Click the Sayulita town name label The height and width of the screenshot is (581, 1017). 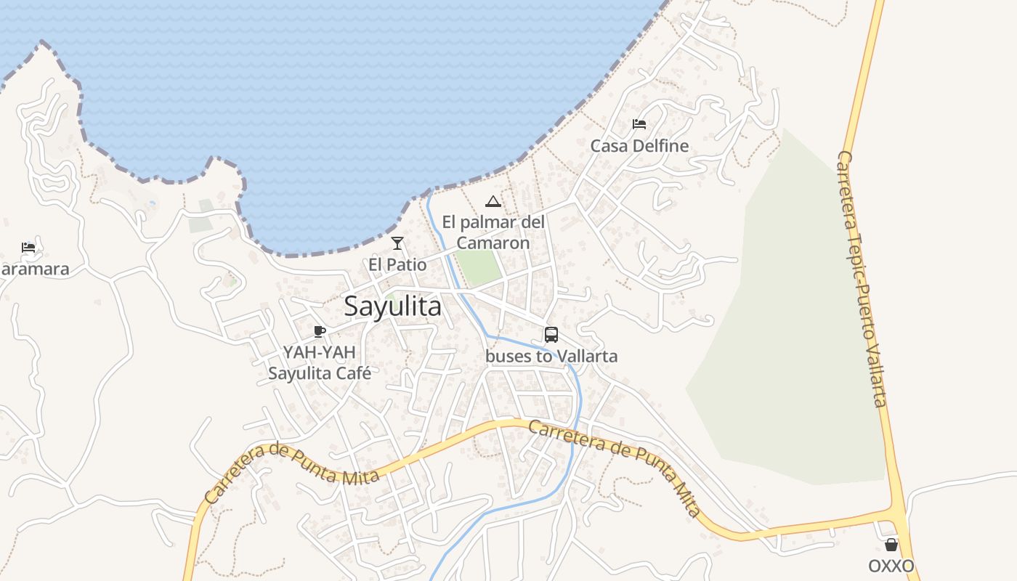[x=392, y=306]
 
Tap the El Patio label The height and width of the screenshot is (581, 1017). [x=397, y=264]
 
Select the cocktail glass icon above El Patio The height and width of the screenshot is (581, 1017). [x=397, y=243]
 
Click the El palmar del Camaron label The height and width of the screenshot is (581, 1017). [x=493, y=232]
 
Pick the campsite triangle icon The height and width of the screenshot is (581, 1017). [x=493, y=201]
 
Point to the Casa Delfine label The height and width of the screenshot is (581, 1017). [x=639, y=146]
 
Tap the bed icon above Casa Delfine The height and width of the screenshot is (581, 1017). [x=639, y=124]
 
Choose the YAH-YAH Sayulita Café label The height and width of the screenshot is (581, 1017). [x=320, y=363]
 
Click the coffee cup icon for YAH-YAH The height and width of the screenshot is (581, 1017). [x=319, y=332]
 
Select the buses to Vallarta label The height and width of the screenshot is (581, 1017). [x=551, y=356]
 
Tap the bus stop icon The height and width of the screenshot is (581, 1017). [x=551, y=335]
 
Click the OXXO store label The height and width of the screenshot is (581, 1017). [x=891, y=566]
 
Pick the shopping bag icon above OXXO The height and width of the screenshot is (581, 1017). [x=891, y=545]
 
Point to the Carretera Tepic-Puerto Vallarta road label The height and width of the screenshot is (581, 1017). [x=862, y=279]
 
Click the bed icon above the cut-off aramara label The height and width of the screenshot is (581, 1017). [x=28, y=248]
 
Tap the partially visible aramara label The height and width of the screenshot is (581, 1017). [x=34, y=269]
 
